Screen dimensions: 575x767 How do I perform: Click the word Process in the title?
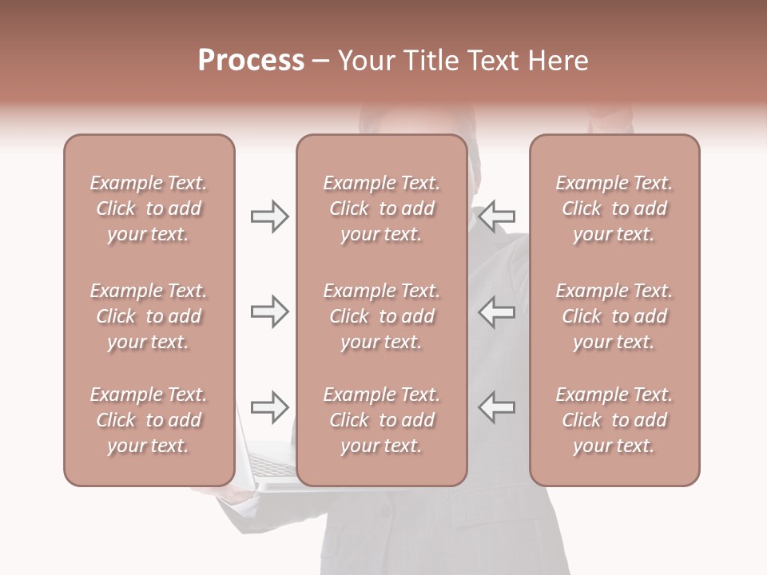click(251, 61)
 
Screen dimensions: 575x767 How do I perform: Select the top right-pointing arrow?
click(269, 216)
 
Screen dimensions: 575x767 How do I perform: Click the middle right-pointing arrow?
click(269, 311)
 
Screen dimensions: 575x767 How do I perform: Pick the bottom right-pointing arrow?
click(269, 406)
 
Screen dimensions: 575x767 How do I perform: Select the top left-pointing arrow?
click(497, 216)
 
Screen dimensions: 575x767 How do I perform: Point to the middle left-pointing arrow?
click(497, 311)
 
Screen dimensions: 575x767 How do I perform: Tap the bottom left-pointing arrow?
click(497, 406)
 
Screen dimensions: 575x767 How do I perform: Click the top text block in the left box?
click(149, 208)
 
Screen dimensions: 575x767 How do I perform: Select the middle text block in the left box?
click(149, 316)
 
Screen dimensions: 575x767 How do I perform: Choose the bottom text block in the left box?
click(149, 420)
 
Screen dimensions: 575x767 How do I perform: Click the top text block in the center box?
click(381, 208)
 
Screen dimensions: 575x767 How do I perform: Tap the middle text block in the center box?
click(381, 316)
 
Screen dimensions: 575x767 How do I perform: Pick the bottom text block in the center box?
click(381, 420)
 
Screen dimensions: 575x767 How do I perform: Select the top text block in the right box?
click(614, 208)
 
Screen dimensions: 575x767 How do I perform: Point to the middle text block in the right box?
click(614, 316)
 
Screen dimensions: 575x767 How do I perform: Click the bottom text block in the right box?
click(614, 420)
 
